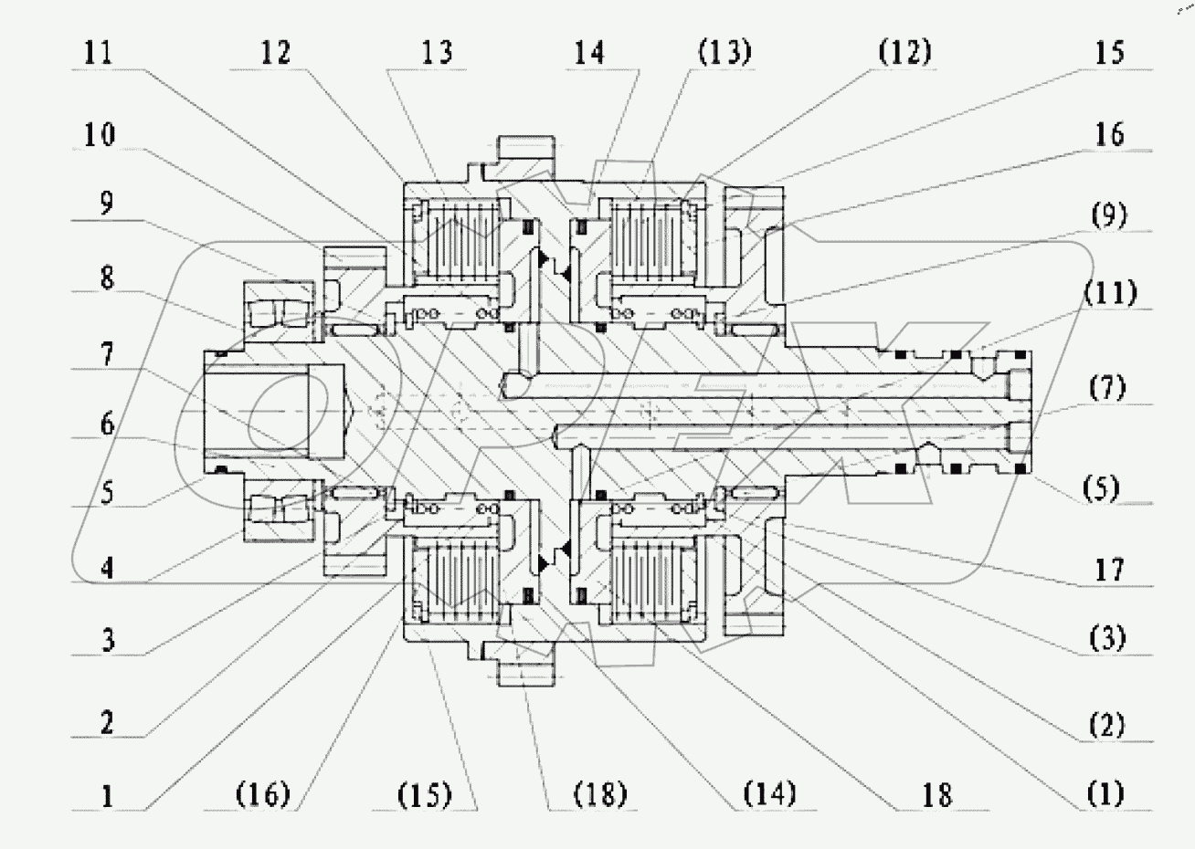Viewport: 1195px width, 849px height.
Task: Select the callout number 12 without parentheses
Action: pyautogui.click(x=275, y=53)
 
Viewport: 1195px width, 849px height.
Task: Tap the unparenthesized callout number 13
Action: pyautogui.click(x=436, y=53)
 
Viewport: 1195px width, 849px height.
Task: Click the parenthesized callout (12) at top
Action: pyautogui.click(x=904, y=53)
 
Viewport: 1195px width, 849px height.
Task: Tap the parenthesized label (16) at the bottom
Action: pyautogui.click(x=262, y=794)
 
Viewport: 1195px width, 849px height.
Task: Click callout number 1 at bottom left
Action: pyautogui.click(x=108, y=794)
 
